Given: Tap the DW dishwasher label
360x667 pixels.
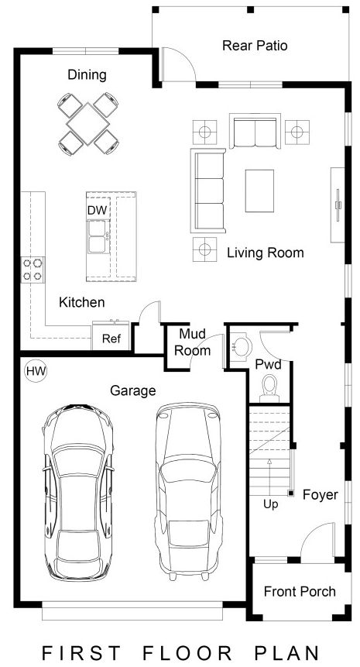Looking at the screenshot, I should coord(96,210).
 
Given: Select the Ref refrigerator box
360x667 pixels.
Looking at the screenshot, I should coord(111,338).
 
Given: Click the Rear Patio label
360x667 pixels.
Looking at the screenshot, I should coord(255,46).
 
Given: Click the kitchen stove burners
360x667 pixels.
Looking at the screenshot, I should coord(33,269).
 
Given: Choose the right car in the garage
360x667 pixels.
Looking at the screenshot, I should coord(187,489).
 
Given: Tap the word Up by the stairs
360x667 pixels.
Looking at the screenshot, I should coord(270,504).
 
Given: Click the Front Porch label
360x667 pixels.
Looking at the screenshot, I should coord(300,592).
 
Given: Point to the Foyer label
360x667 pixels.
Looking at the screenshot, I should coord(320,494).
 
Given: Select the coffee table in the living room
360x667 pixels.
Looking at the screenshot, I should coord(259,190).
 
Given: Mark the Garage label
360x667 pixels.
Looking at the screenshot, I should coord(132,391).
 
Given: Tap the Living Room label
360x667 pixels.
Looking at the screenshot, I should coord(265,253).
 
